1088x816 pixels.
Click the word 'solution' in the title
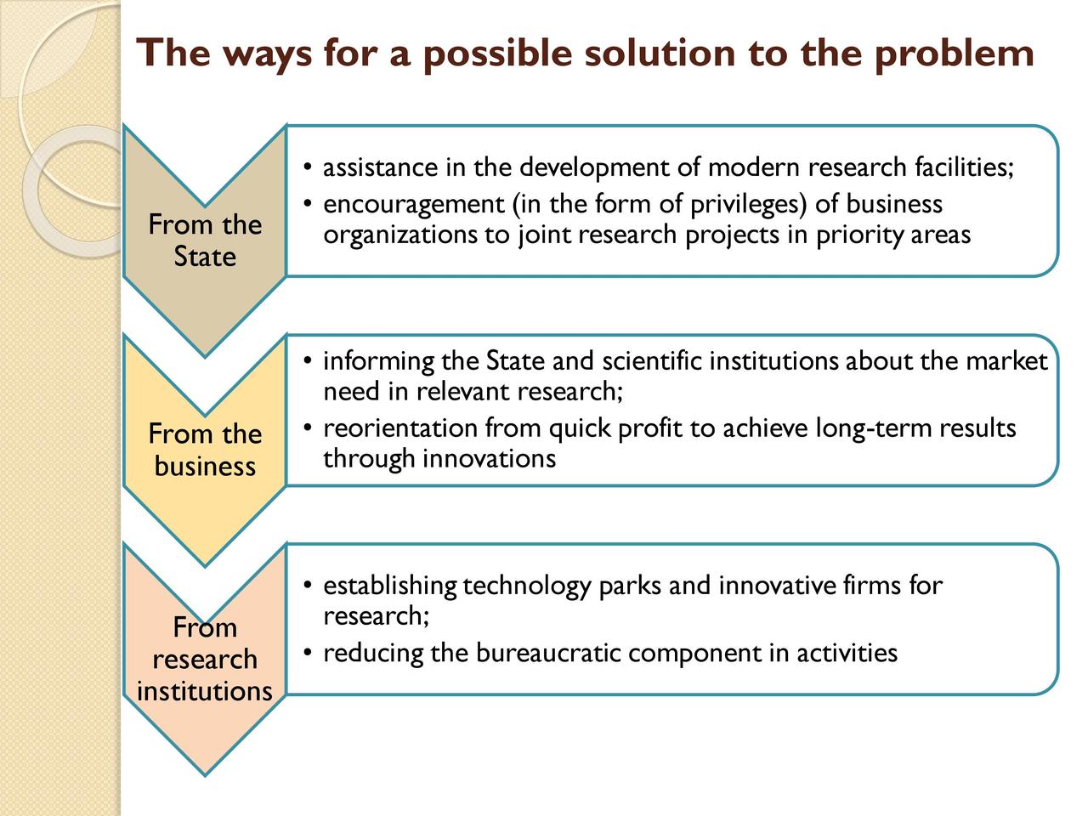coord(660,53)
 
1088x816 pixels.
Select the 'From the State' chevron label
coord(205,241)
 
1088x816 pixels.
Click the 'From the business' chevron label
coord(205,450)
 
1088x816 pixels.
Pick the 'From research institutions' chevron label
coord(205,659)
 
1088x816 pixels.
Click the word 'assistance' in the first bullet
coord(380,167)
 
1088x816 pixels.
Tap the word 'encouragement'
coord(414,205)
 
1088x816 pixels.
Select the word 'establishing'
coord(389,586)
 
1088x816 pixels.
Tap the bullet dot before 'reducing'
coord(308,653)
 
